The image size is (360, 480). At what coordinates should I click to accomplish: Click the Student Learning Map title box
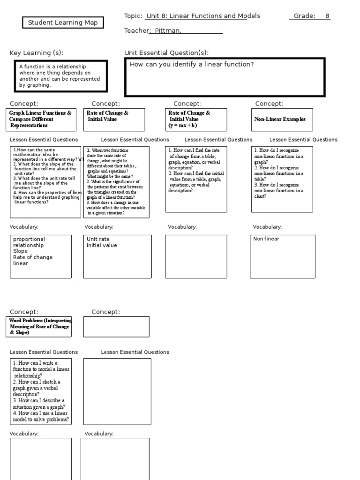(x=63, y=22)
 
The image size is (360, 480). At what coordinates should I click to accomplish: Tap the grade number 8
(x=327, y=16)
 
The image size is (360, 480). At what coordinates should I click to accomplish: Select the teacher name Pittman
(x=165, y=31)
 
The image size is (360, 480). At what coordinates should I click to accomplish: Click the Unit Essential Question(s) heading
(x=166, y=52)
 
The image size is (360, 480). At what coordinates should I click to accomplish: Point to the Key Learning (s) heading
(x=37, y=52)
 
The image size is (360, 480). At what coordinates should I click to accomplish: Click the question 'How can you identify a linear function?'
(x=191, y=64)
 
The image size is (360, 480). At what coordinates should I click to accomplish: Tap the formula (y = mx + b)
(x=183, y=126)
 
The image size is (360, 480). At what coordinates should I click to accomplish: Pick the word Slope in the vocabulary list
(x=20, y=251)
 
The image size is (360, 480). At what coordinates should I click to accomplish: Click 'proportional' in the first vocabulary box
(x=29, y=239)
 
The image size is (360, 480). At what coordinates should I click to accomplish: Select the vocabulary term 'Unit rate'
(x=98, y=239)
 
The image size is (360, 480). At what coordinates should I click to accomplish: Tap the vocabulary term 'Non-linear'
(x=266, y=239)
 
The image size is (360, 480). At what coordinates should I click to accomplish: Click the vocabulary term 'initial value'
(x=102, y=245)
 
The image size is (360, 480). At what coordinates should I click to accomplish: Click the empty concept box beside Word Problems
(x=116, y=327)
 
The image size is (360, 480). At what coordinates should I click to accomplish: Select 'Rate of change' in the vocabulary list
(x=33, y=257)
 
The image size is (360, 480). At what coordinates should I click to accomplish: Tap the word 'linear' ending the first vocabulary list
(x=21, y=263)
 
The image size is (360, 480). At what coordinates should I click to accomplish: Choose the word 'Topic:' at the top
(x=133, y=16)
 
